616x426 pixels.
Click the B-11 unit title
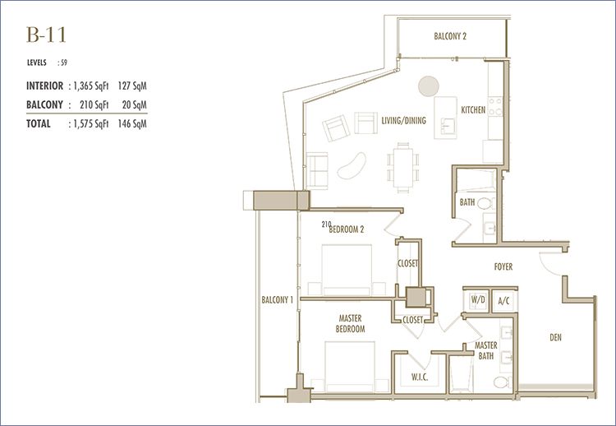46,35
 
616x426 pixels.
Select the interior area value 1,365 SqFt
90,86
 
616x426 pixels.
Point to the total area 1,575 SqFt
90,124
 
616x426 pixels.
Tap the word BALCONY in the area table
44,104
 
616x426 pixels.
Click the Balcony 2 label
450,36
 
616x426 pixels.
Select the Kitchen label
473,110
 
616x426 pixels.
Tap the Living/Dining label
403,120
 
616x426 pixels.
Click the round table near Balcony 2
428,86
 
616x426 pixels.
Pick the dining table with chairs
403,168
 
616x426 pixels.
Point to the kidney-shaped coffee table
352,165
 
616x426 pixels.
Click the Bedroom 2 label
346,229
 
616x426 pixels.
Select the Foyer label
503,266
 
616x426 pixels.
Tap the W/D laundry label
478,299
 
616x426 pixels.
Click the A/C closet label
503,301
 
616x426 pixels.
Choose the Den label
555,337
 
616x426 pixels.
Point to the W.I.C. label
420,377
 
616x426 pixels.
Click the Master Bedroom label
350,323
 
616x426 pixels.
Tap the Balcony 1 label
278,299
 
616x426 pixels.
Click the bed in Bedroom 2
347,270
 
